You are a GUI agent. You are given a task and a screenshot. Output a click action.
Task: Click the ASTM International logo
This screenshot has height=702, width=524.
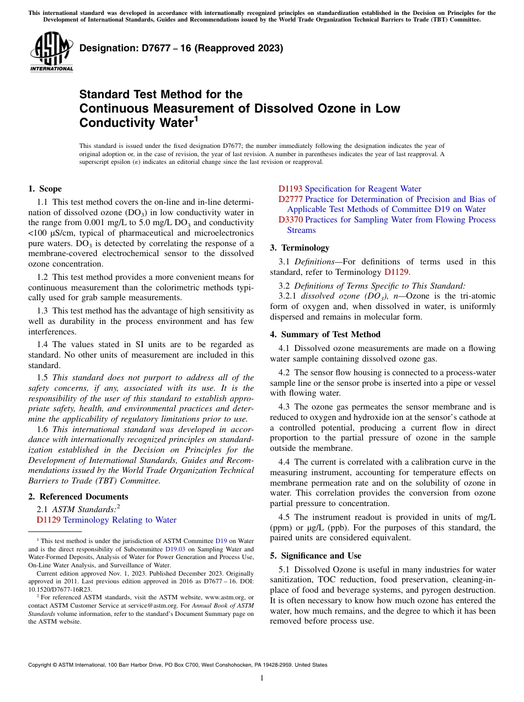tap(51, 52)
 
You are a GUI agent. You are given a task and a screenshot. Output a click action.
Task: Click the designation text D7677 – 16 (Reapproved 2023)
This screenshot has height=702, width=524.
tap(181, 49)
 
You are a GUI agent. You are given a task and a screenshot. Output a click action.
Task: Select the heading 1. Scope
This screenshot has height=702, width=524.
tap(45, 189)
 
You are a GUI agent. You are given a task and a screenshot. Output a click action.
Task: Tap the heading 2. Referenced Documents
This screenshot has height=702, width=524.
tap(78, 497)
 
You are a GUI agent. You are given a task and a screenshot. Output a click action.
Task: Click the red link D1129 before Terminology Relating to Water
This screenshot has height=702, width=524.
tap(49, 520)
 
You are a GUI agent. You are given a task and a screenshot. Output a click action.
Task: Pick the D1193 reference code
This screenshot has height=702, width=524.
tap(290, 189)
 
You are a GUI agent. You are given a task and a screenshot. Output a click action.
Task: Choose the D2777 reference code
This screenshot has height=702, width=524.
tap(290, 199)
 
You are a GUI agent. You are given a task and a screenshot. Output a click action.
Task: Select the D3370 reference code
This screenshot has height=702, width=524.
tap(290, 220)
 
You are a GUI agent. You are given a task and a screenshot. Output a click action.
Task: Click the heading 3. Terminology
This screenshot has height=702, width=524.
tap(300, 248)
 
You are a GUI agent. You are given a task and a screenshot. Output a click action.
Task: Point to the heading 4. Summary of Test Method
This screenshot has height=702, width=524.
tap(325, 334)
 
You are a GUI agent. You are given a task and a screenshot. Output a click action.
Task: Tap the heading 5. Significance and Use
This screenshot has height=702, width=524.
tap(316, 556)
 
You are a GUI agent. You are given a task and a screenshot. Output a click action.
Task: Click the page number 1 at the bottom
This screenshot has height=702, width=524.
tap(262, 678)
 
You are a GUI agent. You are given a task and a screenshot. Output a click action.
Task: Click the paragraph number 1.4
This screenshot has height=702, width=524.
tap(44, 344)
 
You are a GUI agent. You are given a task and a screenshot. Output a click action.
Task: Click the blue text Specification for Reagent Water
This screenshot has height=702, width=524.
tap(363, 189)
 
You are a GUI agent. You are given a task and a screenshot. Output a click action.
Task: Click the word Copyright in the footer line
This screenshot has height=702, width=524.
tap(40, 665)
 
